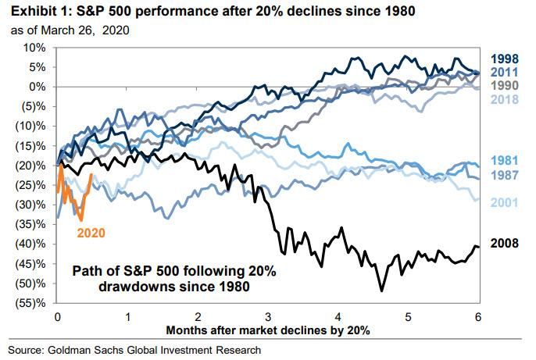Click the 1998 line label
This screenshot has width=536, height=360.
[506, 58]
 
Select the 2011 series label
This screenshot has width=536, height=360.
[506, 71]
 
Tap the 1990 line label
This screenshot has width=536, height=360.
[506, 85]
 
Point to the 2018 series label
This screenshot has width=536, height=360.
[506, 99]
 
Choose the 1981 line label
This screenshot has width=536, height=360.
[506, 160]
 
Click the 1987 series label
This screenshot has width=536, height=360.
[506, 174]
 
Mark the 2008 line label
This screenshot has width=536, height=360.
[506, 244]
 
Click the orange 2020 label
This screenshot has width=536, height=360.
[90, 232]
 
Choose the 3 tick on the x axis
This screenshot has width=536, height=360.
[267, 317]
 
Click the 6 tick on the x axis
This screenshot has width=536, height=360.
[477, 317]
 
